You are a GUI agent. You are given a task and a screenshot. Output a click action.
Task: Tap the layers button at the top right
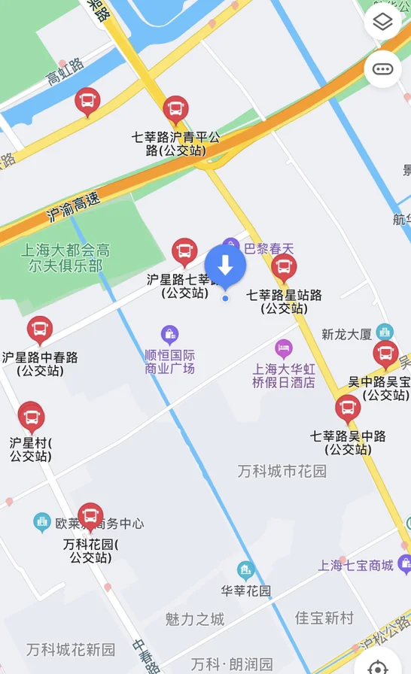[x=382, y=23]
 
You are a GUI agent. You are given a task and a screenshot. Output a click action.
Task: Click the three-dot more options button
[x=382, y=69]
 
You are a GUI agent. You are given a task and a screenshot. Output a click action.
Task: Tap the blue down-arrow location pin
[x=225, y=266]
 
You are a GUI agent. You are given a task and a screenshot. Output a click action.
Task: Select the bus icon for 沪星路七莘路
[x=184, y=253]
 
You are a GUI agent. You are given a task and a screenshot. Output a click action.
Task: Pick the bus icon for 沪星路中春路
[x=40, y=330]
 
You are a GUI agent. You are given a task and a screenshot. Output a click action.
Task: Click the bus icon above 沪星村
[x=31, y=416]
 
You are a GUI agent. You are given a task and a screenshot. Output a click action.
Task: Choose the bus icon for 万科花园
[x=90, y=517]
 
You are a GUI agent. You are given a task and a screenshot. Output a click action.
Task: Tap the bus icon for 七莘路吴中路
[x=347, y=408]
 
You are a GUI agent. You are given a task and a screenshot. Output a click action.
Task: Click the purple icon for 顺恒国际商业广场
[x=170, y=333]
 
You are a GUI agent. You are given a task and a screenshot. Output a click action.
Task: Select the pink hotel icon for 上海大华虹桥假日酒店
[x=283, y=348]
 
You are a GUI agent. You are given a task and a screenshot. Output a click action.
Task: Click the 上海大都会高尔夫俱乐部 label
[x=65, y=258]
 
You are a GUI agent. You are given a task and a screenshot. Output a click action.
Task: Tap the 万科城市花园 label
[x=282, y=472]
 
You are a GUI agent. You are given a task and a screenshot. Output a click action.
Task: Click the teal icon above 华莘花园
[x=245, y=570]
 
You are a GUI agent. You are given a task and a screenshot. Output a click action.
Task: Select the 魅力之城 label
[x=194, y=619]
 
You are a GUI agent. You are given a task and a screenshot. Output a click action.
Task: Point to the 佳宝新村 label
[x=324, y=618]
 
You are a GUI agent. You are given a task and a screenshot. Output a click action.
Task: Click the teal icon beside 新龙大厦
[x=385, y=332]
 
